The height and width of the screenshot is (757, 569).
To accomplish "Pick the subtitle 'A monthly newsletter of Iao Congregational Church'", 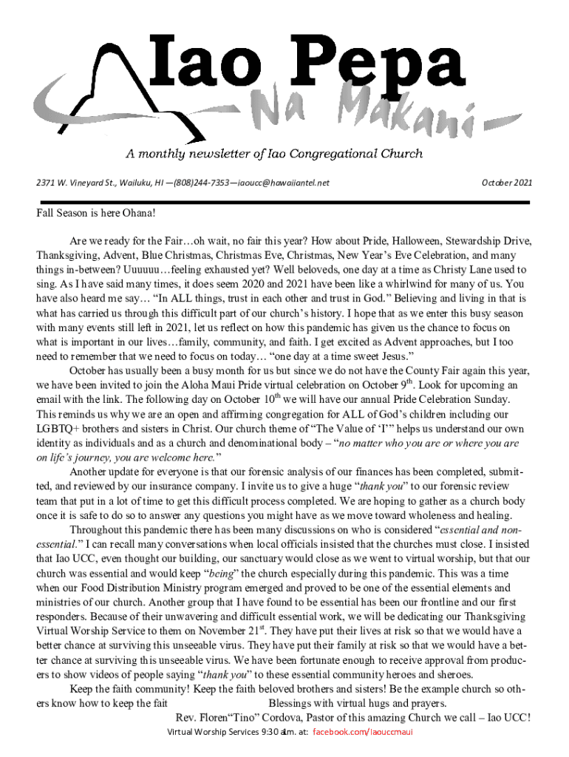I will tap(274, 154).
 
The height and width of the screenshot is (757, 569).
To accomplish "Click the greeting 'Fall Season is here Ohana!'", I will tap(98, 213).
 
